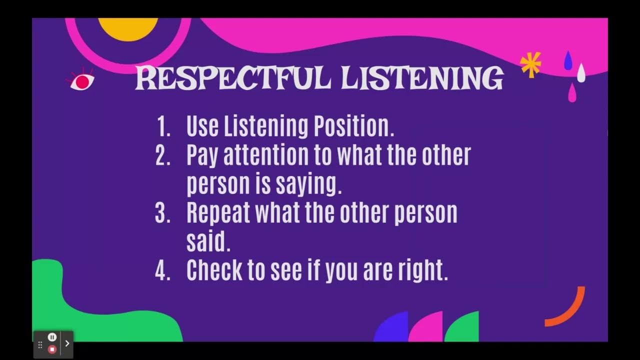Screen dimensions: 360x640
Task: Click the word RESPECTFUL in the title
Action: pyautogui.click(x=233, y=78)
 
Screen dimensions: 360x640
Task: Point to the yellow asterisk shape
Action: pyautogui.click(x=530, y=64)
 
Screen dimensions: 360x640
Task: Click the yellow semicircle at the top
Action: pyautogui.click(x=128, y=28)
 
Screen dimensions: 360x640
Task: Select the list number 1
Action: pyautogui.click(x=163, y=127)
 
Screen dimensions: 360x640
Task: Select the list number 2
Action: pyautogui.click(x=163, y=156)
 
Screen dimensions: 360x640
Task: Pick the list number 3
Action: pyautogui.click(x=163, y=213)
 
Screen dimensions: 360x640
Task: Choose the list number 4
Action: pyautogui.click(x=163, y=270)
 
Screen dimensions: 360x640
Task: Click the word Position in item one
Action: pyautogui.click(x=353, y=127)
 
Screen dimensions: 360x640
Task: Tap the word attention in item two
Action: pyautogui.click(x=266, y=156)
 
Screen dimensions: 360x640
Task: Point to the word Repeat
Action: pyautogui.click(x=218, y=213)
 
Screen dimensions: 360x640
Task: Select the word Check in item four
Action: pyautogui.click(x=215, y=270)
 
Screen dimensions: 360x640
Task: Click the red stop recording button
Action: pyautogui.click(x=52, y=349)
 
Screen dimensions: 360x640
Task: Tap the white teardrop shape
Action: pyautogui.click(x=581, y=73)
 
